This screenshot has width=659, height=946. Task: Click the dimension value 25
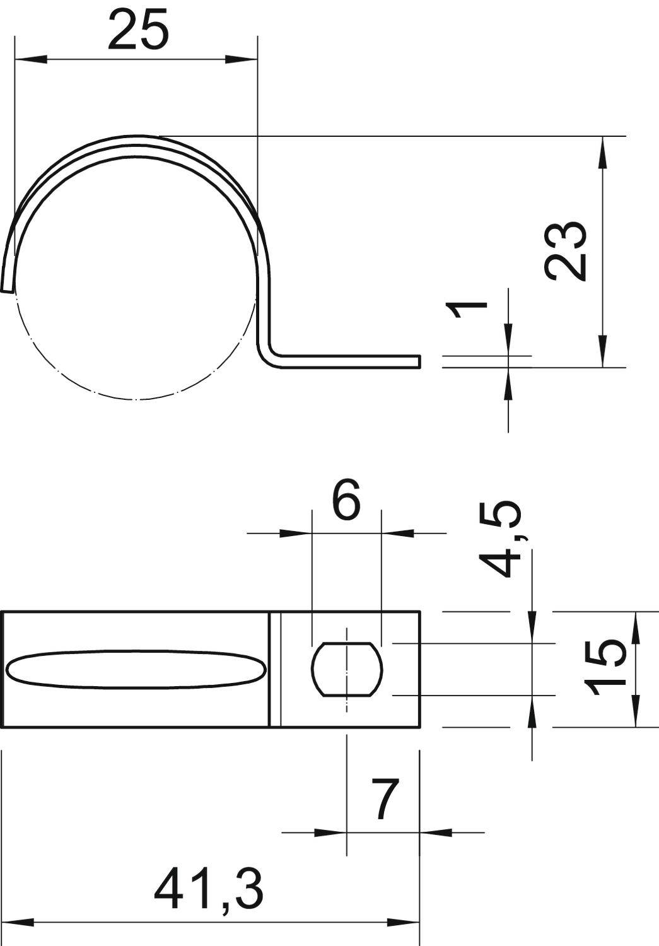138,30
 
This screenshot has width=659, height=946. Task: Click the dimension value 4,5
504,540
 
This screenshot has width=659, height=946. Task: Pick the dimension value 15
605,667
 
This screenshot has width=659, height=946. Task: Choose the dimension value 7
385,799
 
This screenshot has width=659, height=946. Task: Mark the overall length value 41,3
209,887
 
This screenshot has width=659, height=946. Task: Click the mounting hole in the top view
347,669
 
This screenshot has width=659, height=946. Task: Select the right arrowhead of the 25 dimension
242,61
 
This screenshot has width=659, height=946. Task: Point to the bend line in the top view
274,669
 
